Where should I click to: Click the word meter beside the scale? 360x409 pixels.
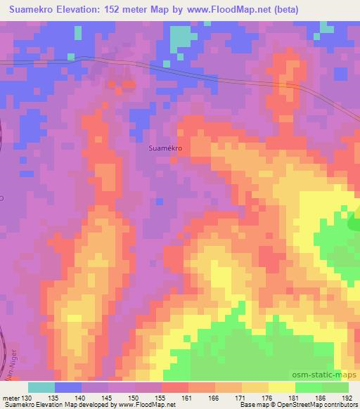(11, 398)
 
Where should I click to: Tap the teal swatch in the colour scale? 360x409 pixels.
(41, 387)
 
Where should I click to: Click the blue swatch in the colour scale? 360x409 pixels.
(68, 387)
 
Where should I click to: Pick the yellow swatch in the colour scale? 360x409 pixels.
(281, 387)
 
